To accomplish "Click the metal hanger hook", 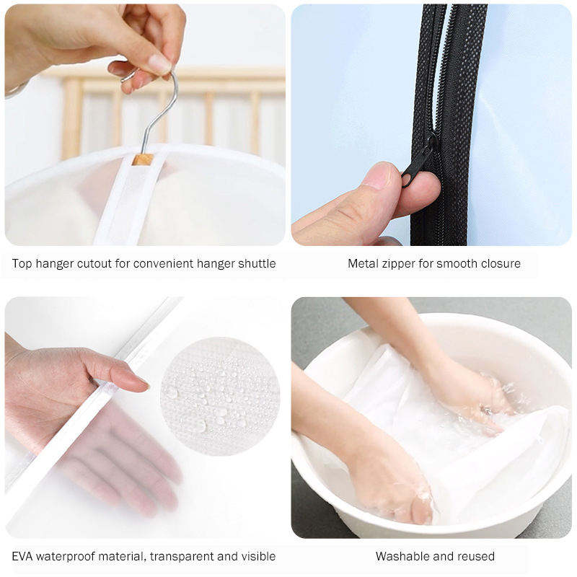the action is coord(162,110).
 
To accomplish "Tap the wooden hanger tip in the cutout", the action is coord(143,159).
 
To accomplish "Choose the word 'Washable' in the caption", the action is coord(400,556).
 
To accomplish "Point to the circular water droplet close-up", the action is coord(220,396).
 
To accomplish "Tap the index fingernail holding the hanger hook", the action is coord(159,64).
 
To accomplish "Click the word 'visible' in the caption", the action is coord(259,556).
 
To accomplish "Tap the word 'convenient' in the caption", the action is coord(163,263).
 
